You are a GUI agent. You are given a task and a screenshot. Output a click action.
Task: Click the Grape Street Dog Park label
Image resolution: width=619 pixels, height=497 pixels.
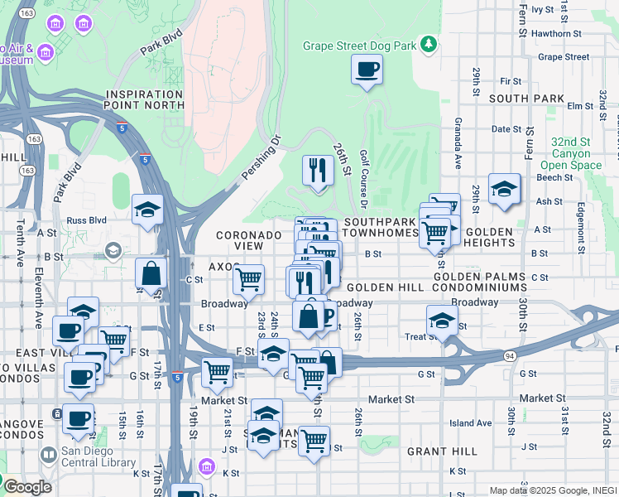[x=359, y=46]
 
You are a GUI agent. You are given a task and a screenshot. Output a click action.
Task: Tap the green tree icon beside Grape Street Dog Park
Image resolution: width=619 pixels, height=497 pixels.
[x=429, y=43]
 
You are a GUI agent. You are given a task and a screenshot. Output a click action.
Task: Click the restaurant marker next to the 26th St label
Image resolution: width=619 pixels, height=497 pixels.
[x=318, y=171]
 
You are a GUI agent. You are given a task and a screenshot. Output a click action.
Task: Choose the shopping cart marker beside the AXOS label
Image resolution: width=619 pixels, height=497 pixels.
[x=247, y=280]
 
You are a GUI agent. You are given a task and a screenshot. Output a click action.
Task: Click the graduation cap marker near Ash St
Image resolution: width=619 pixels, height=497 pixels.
[x=503, y=190]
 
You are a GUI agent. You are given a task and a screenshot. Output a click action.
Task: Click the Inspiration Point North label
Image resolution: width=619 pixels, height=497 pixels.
[x=144, y=99]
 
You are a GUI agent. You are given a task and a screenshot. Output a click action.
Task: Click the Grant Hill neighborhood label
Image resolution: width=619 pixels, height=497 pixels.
[x=442, y=451]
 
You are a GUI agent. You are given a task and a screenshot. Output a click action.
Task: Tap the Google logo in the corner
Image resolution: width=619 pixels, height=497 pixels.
[x=26, y=487]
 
